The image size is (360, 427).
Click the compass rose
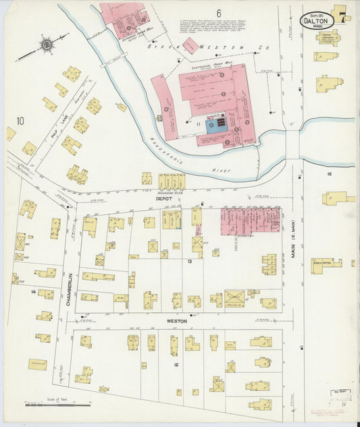(47, 45)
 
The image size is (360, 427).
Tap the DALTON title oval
(317, 18)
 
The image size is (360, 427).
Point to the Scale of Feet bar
(57, 405)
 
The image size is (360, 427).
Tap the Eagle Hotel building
(326, 266)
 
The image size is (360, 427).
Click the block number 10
(20, 121)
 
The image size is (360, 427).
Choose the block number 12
(329, 174)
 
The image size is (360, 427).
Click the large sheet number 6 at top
(219, 14)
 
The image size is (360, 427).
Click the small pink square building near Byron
(190, 45)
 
